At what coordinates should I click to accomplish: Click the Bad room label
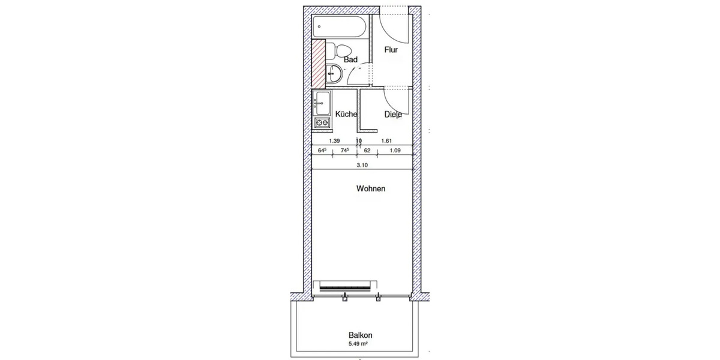(x=351, y=59)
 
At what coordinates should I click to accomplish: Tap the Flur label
(x=391, y=50)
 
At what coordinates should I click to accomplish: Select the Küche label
(x=346, y=114)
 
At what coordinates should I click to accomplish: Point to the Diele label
(x=394, y=115)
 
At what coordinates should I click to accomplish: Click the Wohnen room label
(x=371, y=188)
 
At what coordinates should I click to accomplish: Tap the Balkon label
(x=359, y=336)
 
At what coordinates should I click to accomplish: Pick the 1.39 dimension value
(x=335, y=142)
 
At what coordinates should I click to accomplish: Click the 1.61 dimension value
(x=386, y=142)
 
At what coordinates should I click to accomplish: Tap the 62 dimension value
(x=367, y=151)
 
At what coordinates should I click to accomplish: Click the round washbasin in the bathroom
(x=334, y=75)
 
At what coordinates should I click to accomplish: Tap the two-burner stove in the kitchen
(x=322, y=124)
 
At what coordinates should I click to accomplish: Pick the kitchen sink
(x=322, y=103)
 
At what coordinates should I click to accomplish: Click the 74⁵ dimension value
(x=345, y=151)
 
